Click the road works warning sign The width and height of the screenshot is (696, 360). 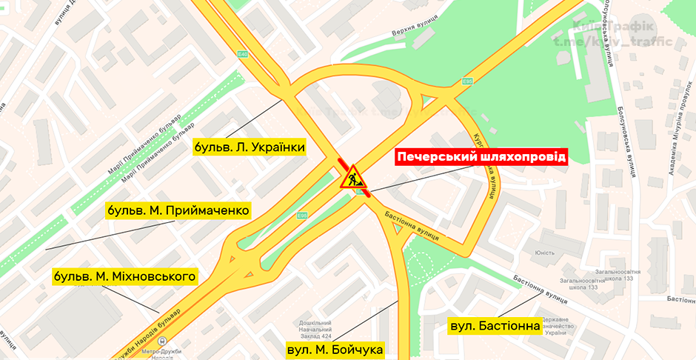[x=352, y=177]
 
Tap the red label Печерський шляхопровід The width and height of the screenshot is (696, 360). [x=481, y=157]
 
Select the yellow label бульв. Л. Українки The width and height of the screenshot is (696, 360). [x=250, y=147]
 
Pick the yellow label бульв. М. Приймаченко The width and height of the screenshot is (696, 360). [x=177, y=210]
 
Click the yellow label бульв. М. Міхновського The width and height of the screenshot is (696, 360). [x=125, y=277]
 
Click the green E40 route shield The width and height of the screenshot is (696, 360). [x=242, y=54]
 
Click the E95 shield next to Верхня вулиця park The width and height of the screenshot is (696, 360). [x=467, y=81]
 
